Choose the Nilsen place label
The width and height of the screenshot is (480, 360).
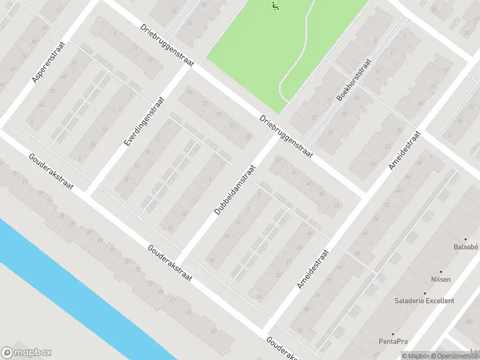[x=441, y=280]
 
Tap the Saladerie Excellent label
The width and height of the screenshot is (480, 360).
[x=424, y=301]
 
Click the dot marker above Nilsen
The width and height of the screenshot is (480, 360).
[x=441, y=272]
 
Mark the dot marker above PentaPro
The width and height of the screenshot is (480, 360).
[x=393, y=334]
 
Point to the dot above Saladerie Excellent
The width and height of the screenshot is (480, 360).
[x=424, y=293]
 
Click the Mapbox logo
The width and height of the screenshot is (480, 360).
[x=26, y=353]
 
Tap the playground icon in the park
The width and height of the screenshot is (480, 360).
[x=275, y=7]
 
